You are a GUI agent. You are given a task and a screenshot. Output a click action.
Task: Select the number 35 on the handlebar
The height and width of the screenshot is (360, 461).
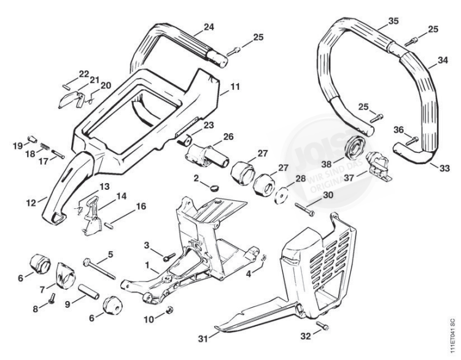[393, 21]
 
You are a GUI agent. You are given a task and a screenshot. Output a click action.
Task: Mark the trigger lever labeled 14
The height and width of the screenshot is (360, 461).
[90, 216]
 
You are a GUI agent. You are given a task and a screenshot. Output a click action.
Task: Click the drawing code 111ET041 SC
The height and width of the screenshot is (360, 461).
[452, 336]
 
